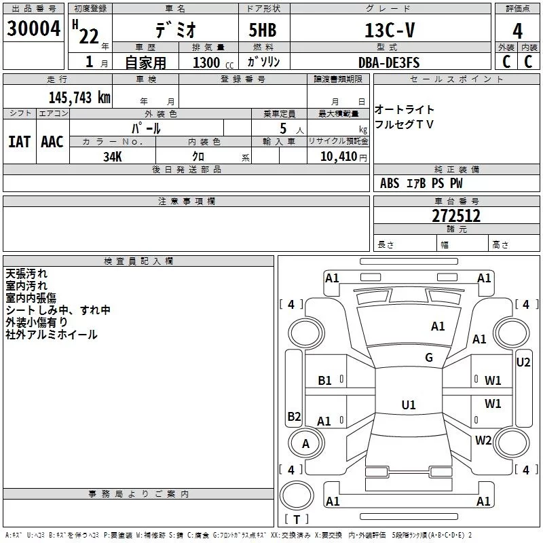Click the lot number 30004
pyautogui.click(x=33, y=28)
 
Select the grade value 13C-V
pyautogui.click(x=390, y=30)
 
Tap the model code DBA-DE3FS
pyautogui.click(x=389, y=62)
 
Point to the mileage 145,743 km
pyautogui.click(x=79, y=98)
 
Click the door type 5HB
pyautogui.click(x=263, y=30)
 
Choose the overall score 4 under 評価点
pyautogui.click(x=517, y=31)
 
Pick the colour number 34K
pyautogui.click(x=113, y=157)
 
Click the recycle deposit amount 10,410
pyautogui.click(x=339, y=157)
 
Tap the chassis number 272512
pyautogui.click(x=456, y=216)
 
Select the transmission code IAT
pyautogui.click(x=20, y=142)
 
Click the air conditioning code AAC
pyautogui.click(x=52, y=142)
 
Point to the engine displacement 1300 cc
pyautogui.click(x=213, y=62)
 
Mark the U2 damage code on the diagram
pyautogui.click(x=523, y=362)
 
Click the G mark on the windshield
pyautogui.click(x=429, y=357)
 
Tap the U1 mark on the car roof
pyautogui.click(x=409, y=405)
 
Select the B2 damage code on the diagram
pyautogui.click(x=294, y=416)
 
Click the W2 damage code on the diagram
pyautogui.click(x=483, y=440)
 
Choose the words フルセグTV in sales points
pyautogui.click(x=404, y=124)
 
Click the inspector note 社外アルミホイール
pyautogui.click(x=52, y=335)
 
